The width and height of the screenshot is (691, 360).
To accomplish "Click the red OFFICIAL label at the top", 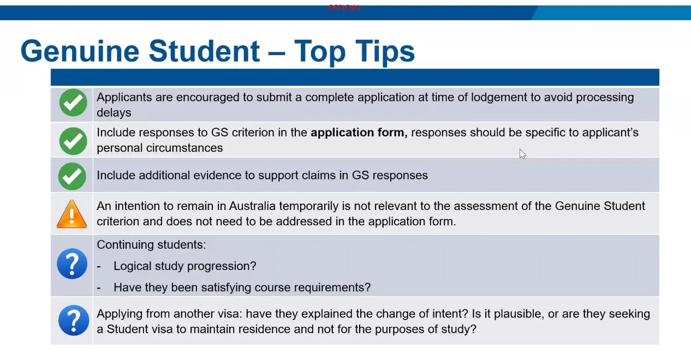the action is (344, 8).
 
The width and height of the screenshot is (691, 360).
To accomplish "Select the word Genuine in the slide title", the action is (80, 51).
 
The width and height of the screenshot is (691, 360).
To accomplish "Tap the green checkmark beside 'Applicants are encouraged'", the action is (73, 103).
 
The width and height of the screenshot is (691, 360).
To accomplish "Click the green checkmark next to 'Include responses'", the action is (73, 141).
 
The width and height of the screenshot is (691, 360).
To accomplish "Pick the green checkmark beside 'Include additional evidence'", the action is (72, 176).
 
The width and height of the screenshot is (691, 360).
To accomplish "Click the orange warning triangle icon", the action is (72, 214).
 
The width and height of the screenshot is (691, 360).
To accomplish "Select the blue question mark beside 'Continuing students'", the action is (72, 264).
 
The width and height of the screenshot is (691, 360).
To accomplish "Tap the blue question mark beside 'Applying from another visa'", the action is (74, 321).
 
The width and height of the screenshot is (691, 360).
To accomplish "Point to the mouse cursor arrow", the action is (522, 154).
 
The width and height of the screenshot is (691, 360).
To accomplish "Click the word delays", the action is (114, 113).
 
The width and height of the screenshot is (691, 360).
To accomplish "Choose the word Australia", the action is (252, 206).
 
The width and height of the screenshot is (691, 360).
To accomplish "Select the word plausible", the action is (517, 314).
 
